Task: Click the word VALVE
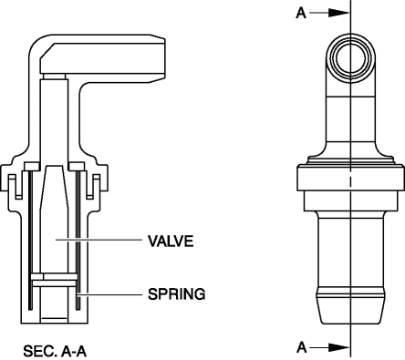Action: click(171, 241)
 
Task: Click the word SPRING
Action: click(176, 294)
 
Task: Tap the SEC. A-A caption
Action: click(55, 351)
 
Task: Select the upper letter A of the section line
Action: click(301, 13)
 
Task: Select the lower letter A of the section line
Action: click(302, 347)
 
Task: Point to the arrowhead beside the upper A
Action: click(339, 13)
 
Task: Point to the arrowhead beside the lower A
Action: click(339, 347)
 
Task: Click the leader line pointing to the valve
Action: click(99, 240)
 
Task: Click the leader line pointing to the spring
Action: click(109, 294)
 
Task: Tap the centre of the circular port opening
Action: click(350, 57)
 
